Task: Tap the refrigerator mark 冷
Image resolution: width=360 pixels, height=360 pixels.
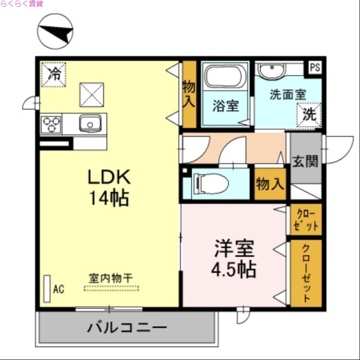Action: click(x=54, y=73)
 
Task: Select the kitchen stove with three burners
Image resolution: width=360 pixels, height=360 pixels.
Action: click(x=50, y=124)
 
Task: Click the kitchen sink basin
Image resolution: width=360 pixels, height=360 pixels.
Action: click(x=90, y=123)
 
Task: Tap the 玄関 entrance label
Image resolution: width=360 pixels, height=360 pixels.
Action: click(x=306, y=161)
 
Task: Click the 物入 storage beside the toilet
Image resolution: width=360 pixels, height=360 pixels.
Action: click(x=270, y=184)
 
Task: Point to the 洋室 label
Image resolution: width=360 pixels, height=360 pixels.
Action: click(x=234, y=248)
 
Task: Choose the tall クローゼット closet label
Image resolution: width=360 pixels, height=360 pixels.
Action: click(x=306, y=274)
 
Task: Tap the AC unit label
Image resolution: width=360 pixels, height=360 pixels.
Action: click(x=58, y=289)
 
